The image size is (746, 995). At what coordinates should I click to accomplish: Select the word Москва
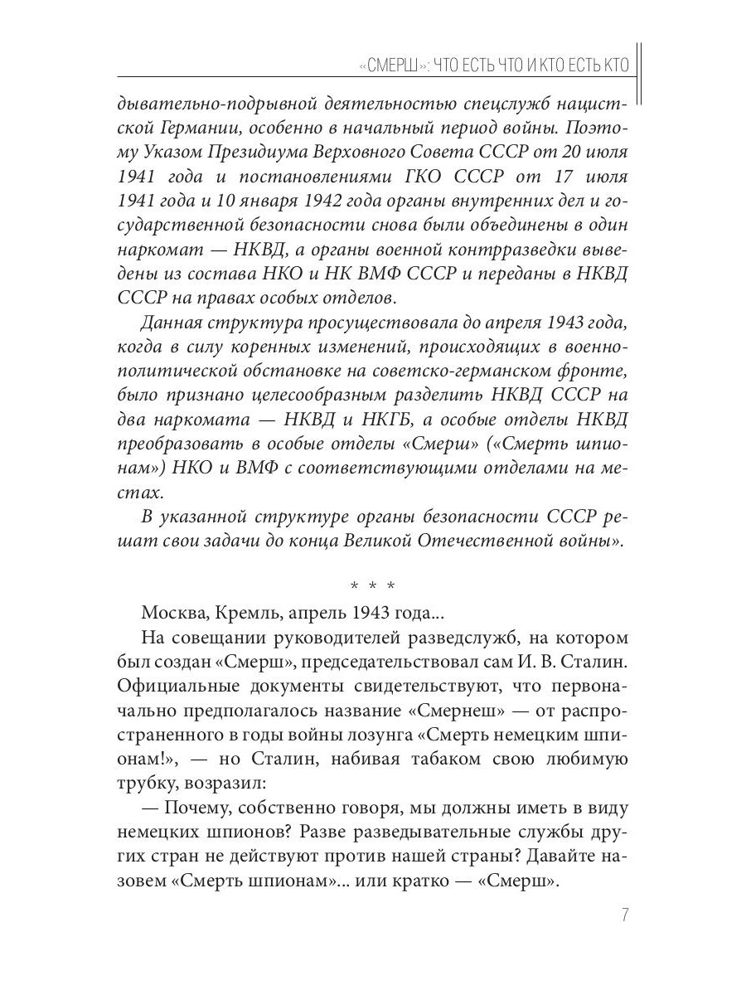[172, 614]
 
